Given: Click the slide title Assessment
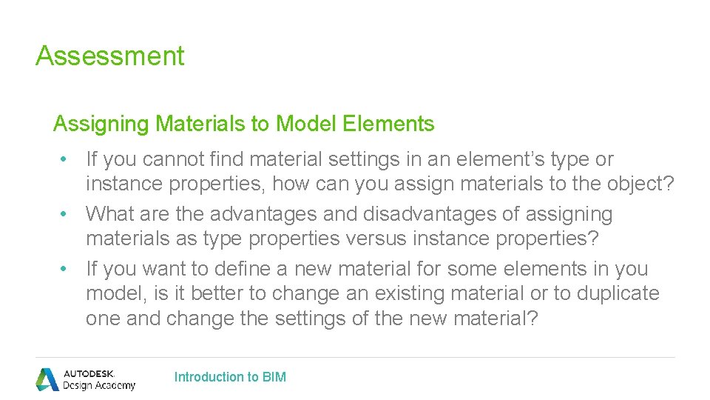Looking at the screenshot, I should pyautogui.click(x=109, y=56).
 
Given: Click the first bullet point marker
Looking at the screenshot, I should pyautogui.click(x=65, y=159).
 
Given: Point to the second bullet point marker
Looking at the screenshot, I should pyautogui.click(x=65, y=214).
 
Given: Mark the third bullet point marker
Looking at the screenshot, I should pyautogui.click(x=65, y=269).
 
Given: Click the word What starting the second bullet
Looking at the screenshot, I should pyautogui.click(x=108, y=214).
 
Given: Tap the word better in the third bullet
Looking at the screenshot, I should pyautogui.click(x=217, y=293).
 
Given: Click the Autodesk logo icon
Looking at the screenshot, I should pyautogui.click(x=47, y=379).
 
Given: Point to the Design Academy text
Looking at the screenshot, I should pyautogui.click(x=99, y=385).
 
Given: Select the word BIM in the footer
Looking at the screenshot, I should pyautogui.click(x=274, y=377).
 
